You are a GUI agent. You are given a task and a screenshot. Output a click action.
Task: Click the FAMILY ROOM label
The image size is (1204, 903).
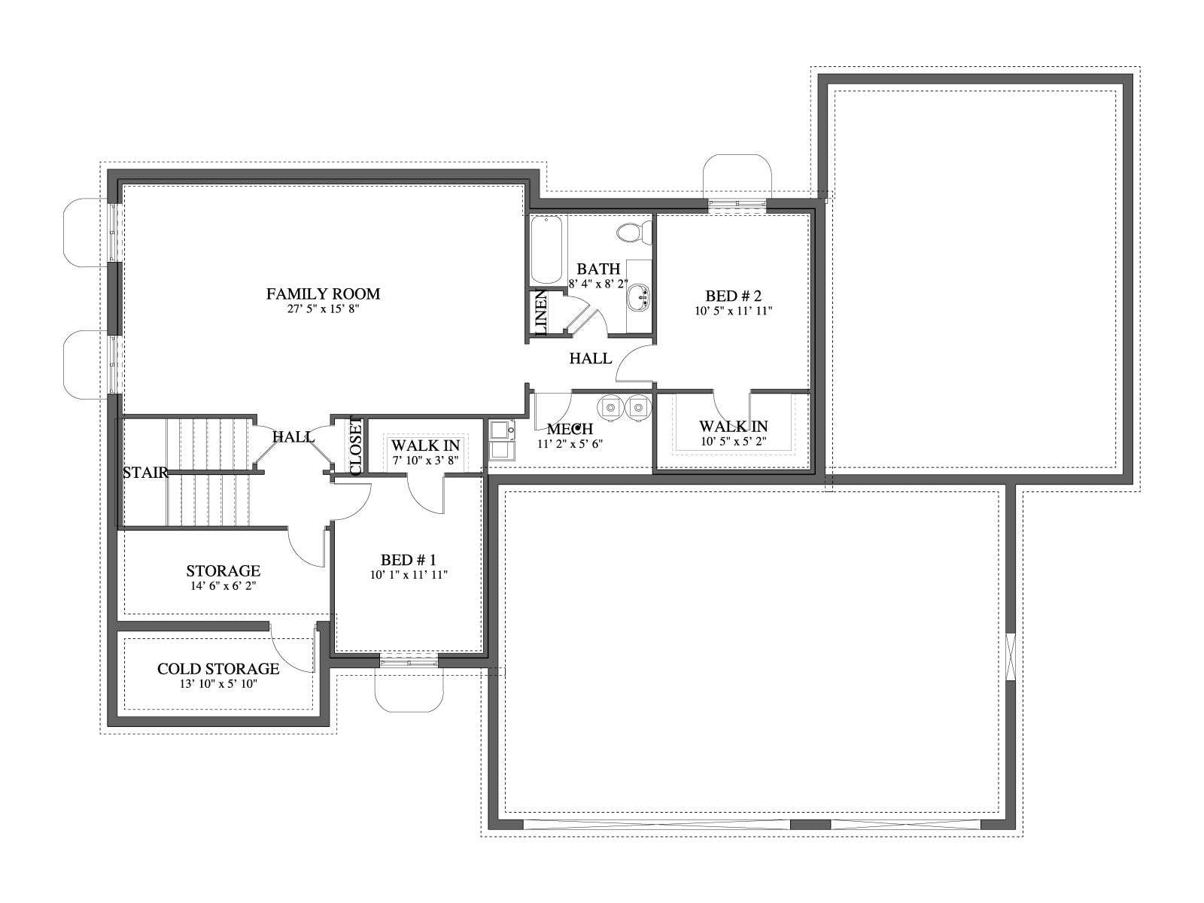point(323,294)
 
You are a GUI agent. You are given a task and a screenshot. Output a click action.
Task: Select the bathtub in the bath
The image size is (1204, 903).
point(546,250)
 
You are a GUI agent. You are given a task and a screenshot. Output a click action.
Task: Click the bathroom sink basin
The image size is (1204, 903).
point(638,297)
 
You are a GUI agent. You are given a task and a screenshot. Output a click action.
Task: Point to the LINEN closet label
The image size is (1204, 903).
point(540,312)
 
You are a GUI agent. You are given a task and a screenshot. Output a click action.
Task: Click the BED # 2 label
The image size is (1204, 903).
point(734,296)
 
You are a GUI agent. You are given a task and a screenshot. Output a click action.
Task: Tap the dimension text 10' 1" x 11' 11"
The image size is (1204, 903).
point(409,575)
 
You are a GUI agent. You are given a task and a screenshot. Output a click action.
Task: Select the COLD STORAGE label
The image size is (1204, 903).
point(218,669)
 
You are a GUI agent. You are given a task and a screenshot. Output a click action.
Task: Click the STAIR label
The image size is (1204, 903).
point(145,473)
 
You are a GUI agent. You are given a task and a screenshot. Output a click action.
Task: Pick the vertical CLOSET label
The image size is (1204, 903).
point(355,446)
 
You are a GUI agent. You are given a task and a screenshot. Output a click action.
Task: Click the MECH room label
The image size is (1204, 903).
point(570,429)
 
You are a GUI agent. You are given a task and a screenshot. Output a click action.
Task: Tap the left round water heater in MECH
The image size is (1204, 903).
point(610,407)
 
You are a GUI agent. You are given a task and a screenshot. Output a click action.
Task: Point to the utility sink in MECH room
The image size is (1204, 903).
point(503,439)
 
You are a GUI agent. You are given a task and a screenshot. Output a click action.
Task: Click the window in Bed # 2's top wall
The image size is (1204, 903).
point(737,204)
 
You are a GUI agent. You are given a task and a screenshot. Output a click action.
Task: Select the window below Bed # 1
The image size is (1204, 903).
point(409,662)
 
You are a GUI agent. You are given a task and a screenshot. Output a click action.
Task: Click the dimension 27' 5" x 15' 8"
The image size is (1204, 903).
point(323,309)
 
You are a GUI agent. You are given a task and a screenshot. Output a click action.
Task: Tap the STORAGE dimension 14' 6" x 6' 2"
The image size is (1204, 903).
point(223,585)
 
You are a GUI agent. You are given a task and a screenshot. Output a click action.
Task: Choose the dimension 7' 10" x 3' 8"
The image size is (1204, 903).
point(425,460)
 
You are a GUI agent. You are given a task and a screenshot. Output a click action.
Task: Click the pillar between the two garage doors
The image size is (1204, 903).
point(810,824)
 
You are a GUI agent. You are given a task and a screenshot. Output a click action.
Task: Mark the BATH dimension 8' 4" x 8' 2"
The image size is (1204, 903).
point(598,284)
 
